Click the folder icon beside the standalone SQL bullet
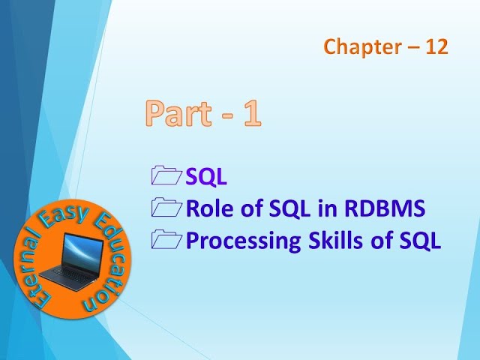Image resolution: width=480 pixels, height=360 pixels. (x=166, y=177)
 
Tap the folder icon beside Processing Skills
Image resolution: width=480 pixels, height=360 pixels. (x=166, y=241)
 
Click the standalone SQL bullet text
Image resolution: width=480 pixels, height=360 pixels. (x=206, y=178)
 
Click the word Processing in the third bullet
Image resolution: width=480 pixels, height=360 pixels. (x=239, y=241)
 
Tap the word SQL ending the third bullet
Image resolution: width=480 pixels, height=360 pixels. (x=420, y=241)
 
